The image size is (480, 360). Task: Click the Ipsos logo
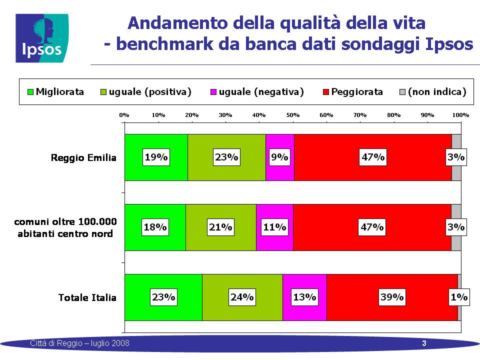(42, 38)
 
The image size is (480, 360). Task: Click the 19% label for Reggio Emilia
(156, 157)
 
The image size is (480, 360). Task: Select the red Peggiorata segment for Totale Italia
(392, 297)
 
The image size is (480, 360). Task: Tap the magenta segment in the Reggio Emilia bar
(280, 157)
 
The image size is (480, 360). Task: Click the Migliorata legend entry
(55, 91)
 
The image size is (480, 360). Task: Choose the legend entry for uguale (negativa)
(257, 91)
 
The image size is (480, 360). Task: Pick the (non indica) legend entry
(433, 91)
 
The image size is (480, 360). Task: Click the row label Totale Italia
(87, 297)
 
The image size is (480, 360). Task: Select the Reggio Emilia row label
(83, 157)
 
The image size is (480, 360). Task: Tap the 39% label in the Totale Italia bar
(392, 297)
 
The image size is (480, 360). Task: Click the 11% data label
(274, 227)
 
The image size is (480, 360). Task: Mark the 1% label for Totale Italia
(459, 297)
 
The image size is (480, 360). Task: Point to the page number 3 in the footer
(424, 343)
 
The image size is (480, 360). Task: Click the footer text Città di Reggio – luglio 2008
(79, 343)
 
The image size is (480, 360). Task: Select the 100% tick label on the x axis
(460, 115)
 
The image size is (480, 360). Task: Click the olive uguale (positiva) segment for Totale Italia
(242, 297)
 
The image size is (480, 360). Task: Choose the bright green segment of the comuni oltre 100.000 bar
(155, 227)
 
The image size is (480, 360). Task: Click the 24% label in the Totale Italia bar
(242, 297)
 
